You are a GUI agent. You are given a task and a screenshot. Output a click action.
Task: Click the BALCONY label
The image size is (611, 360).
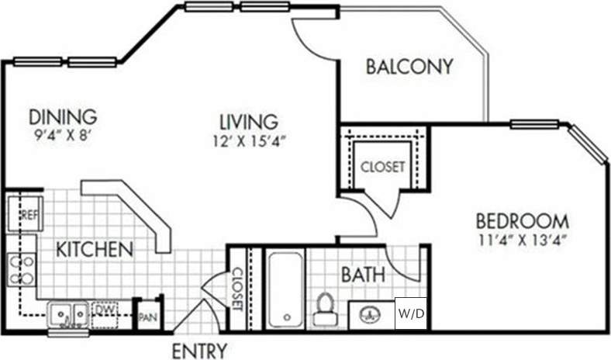pos(409,67)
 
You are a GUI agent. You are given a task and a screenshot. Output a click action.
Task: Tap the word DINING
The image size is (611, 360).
pos(63,116)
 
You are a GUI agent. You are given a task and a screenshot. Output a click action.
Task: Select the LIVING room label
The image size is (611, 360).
pos(247,122)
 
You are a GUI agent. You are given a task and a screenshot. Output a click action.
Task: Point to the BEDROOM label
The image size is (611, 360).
pos(522,220)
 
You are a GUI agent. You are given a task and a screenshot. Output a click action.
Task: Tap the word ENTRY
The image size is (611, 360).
pos(200,350)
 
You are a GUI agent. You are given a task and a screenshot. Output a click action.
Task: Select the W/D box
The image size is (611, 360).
pos(410,313)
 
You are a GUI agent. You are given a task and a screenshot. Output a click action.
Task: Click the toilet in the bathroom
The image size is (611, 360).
pos(323,308)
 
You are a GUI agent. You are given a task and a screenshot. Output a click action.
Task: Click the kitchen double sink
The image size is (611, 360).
pos(68,314)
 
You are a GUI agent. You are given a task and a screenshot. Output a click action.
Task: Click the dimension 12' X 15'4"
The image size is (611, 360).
pos(247,141)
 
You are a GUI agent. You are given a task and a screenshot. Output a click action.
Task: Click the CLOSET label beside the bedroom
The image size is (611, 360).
pos(381,168)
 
